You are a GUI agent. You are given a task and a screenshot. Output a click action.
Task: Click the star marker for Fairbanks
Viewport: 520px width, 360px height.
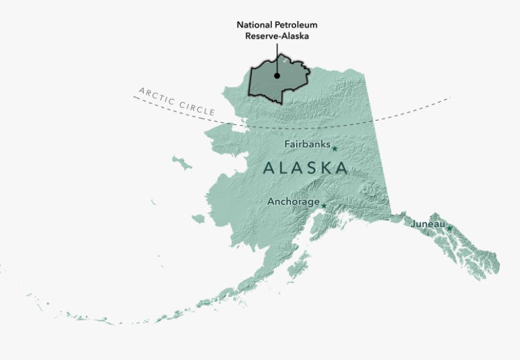334,149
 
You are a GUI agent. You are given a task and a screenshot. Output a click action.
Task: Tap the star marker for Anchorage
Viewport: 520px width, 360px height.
323,206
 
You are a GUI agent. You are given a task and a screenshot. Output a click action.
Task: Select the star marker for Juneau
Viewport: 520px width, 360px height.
449,228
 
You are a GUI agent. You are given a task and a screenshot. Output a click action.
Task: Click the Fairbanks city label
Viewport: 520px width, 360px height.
307,144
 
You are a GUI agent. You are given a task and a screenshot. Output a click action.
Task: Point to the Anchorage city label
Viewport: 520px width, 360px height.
293,201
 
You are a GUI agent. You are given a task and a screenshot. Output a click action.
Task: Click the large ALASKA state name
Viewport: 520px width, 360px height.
305,168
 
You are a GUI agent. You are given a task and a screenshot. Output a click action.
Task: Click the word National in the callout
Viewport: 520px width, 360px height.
256,25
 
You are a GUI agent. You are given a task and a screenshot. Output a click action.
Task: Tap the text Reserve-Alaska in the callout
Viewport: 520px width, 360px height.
276,35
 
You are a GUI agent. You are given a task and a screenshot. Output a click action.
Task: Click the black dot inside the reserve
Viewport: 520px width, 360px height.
276,76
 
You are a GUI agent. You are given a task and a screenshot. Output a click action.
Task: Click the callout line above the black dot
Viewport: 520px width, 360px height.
276,56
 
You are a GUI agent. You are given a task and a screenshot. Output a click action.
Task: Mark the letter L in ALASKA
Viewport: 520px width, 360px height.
284,168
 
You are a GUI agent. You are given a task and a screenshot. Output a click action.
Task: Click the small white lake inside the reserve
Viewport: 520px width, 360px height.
284,62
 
